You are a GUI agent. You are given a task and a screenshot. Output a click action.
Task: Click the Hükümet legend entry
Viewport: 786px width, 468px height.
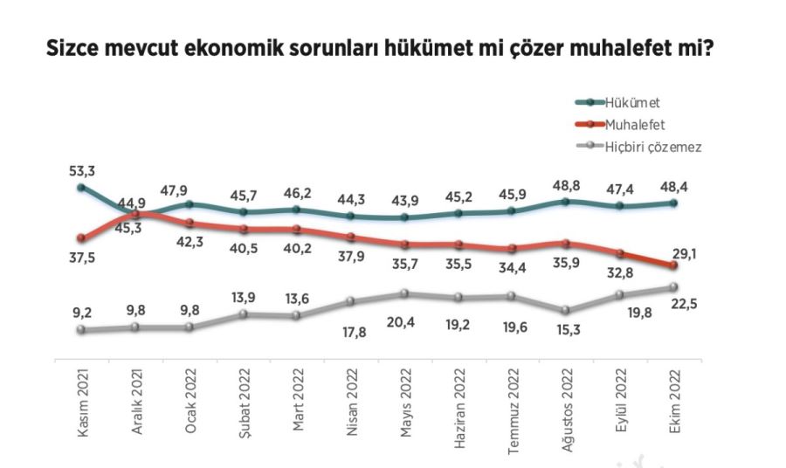pyautogui.click(x=634, y=103)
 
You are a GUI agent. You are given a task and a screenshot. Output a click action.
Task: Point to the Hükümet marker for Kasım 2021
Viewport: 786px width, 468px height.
pyautogui.click(x=81, y=187)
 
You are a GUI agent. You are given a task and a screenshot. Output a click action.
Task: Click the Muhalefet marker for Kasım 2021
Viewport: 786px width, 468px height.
pyautogui.click(x=81, y=237)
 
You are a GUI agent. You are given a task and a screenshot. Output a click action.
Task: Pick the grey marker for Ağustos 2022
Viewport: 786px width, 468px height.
pyautogui.click(x=565, y=310)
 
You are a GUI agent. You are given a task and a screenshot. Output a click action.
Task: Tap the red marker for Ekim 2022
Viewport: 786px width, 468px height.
pyautogui.click(x=672, y=265)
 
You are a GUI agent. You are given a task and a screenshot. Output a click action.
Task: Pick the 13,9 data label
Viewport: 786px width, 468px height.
pyautogui.click(x=245, y=298)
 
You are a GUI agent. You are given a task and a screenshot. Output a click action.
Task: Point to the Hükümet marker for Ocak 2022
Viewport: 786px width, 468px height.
pyautogui.click(x=190, y=204)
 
